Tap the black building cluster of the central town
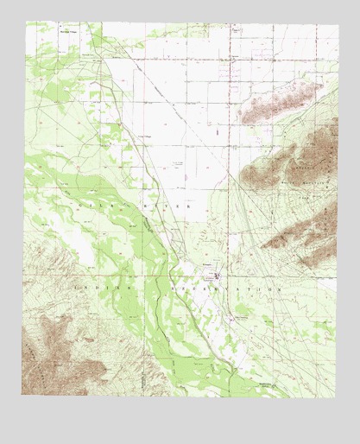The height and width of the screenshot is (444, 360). click(215, 276)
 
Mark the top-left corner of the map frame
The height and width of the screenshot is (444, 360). click(26, 22)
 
